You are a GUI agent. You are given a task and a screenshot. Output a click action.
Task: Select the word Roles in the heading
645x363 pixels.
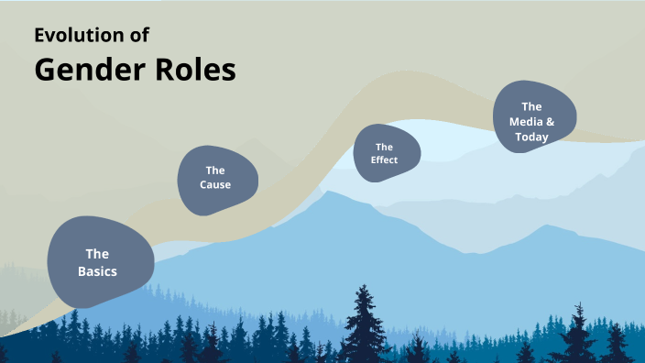pyautogui.click(x=196, y=70)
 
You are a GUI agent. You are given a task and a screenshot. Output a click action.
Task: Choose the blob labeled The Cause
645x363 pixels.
pyautogui.click(x=217, y=179)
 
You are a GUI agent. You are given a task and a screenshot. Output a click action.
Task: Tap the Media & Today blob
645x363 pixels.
pyautogui.click(x=535, y=118)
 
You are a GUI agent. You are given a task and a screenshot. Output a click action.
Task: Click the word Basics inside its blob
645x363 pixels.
pyautogui.click(x=97, y=272)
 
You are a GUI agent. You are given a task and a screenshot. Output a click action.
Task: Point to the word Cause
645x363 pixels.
pyautogui.click(x=215, y=185)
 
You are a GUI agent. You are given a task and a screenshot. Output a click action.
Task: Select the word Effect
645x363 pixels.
pyautogui.click(x=385, y=160)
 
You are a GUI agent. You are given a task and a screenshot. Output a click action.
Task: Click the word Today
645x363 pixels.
pyautogui.click(x=531, y=137)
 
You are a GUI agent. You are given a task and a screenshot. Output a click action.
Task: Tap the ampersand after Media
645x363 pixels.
pyautogui.click(x=551, y=122)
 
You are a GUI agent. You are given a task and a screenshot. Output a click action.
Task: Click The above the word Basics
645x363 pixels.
pyautogui.click(x=97, y=254)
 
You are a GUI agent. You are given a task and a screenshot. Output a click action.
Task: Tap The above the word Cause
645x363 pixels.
pyautogui.click(x=215, y=170)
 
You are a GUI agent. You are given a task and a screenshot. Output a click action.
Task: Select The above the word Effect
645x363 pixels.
pyautogui.click(x=385, y=147)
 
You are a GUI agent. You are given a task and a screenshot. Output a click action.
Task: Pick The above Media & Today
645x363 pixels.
pyautogui.click(x=531, y=106)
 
